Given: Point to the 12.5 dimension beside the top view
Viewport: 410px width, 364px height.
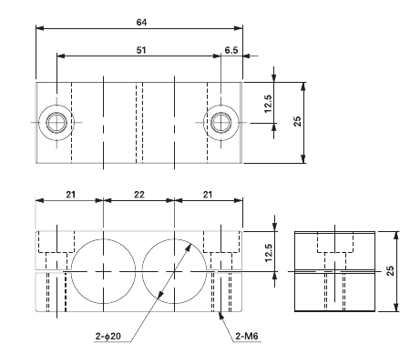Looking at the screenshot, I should pyautogui.click(x=268, y=107).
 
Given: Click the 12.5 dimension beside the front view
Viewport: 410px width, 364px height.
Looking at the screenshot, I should pyautogui.click(x=268, y=250).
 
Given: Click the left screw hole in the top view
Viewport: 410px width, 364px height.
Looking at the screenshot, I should pyautogui.click(x=56, y=122).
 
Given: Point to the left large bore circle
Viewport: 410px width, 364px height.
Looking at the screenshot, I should pyautogui.click(x=105, y=272).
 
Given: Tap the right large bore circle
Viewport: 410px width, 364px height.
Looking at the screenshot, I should pyautogui.click(x=172, y=272).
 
